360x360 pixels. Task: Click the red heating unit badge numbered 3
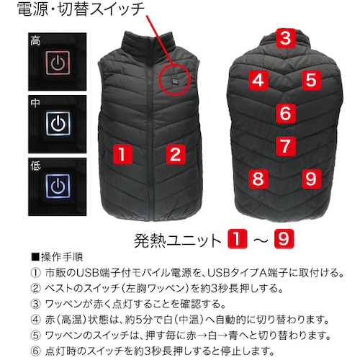285,38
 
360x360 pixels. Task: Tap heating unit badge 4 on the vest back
258,80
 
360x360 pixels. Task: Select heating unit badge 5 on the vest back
311,80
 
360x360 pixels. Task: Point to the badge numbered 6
285,113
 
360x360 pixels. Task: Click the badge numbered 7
285,146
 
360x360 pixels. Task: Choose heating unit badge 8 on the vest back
258,179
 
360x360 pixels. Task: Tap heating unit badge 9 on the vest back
311,179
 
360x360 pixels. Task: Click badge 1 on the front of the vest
123,154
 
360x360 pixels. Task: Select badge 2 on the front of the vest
176,154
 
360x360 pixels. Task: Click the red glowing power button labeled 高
58,63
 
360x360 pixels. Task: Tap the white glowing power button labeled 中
58,124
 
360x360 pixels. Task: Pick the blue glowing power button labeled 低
58,186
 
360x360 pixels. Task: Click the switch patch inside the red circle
175,82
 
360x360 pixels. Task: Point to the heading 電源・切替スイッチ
81,9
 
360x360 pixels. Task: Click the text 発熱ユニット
178,240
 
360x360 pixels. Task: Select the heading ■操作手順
57,257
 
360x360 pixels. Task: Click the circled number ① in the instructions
35,273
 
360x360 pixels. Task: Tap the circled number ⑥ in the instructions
35,351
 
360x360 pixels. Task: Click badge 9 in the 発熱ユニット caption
284,238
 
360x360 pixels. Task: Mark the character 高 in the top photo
35,40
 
